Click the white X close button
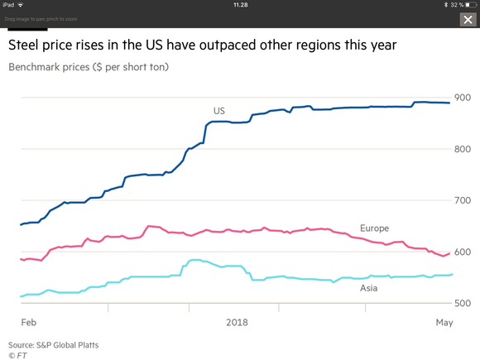point(468,20)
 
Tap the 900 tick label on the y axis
point(463,98)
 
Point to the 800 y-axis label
point(463,149)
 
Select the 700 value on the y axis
point(463,200)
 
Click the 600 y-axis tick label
point(463,252)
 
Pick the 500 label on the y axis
point(463,303)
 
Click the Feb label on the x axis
point(29,323)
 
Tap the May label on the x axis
point(444,323)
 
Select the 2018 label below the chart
point(237,323)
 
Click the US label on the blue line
point(219,111)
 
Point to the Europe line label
point(374,228)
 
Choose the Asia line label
point(368,288)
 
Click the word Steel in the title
point(23,45)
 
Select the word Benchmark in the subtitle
point(49,67)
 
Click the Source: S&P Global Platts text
point(53,345)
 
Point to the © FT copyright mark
point(17,355)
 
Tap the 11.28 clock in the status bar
point(240,5)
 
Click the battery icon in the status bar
point(471,5)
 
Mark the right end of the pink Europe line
point(449,253)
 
